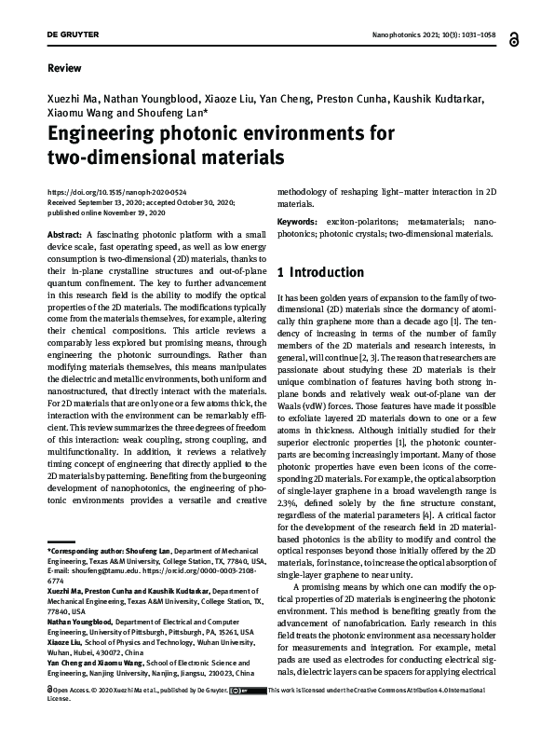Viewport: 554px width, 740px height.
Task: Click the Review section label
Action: click(63, 68)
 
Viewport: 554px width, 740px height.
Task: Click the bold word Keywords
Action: click(304, 221)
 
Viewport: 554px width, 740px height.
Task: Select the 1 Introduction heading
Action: click(321, 272)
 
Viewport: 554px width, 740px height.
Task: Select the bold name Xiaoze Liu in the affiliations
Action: click(65, 642)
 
